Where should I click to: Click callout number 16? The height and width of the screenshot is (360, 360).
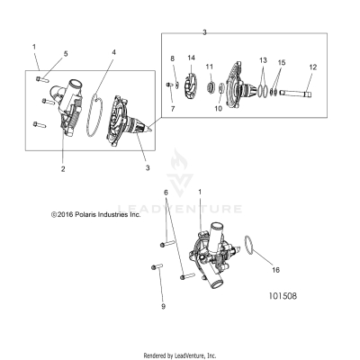click(x=275, y=269)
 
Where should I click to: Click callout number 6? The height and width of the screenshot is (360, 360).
click(x=165, y=218)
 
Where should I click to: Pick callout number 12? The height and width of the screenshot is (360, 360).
click(x=312, y=67)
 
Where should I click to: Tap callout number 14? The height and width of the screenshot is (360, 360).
click(x=191, y=58)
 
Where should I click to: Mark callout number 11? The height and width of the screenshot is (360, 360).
click(x=209, y=67)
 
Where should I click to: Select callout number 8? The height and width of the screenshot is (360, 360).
click(x=172, y=58)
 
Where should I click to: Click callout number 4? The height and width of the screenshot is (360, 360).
click(x=112, y=53)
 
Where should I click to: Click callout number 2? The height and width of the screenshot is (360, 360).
click(x=62, y=168)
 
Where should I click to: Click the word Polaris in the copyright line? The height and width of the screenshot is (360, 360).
click(x=86, y=240)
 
